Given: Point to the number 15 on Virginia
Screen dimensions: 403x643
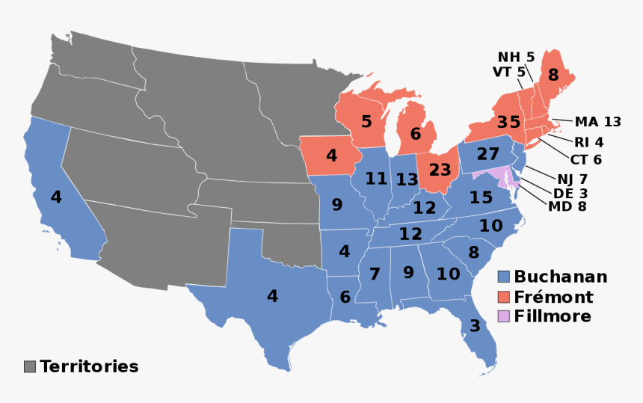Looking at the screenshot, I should (x=481, y=198).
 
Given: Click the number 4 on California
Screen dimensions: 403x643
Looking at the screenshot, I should (x=56, y=197).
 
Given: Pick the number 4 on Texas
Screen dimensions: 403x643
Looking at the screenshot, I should (x=272, y=296).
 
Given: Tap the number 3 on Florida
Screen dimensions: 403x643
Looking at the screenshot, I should (x=475, y=326).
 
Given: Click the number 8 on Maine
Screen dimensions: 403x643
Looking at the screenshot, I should (x=553, y=75).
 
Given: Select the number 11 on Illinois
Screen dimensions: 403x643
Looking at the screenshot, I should (x=376, y=179).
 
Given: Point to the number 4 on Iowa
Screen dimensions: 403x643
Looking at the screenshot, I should (x=331, y=157).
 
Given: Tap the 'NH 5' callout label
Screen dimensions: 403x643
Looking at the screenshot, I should (x=516, y=57).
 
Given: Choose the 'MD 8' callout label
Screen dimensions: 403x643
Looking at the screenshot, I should (x=567, y=206).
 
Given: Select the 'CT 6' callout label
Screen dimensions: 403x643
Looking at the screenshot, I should (x=587, y=159).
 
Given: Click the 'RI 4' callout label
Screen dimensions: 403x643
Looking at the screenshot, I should (x=588, y=142).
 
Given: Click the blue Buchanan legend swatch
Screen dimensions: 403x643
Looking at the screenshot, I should (x=505, y=277).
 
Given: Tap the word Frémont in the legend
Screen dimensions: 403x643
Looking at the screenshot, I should (x=553, y=297).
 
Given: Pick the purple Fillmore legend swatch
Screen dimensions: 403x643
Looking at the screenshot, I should (x=505, y=316).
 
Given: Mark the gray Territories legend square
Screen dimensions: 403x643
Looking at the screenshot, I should (x=30, y=366).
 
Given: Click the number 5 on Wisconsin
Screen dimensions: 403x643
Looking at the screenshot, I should (x=366, y=121).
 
